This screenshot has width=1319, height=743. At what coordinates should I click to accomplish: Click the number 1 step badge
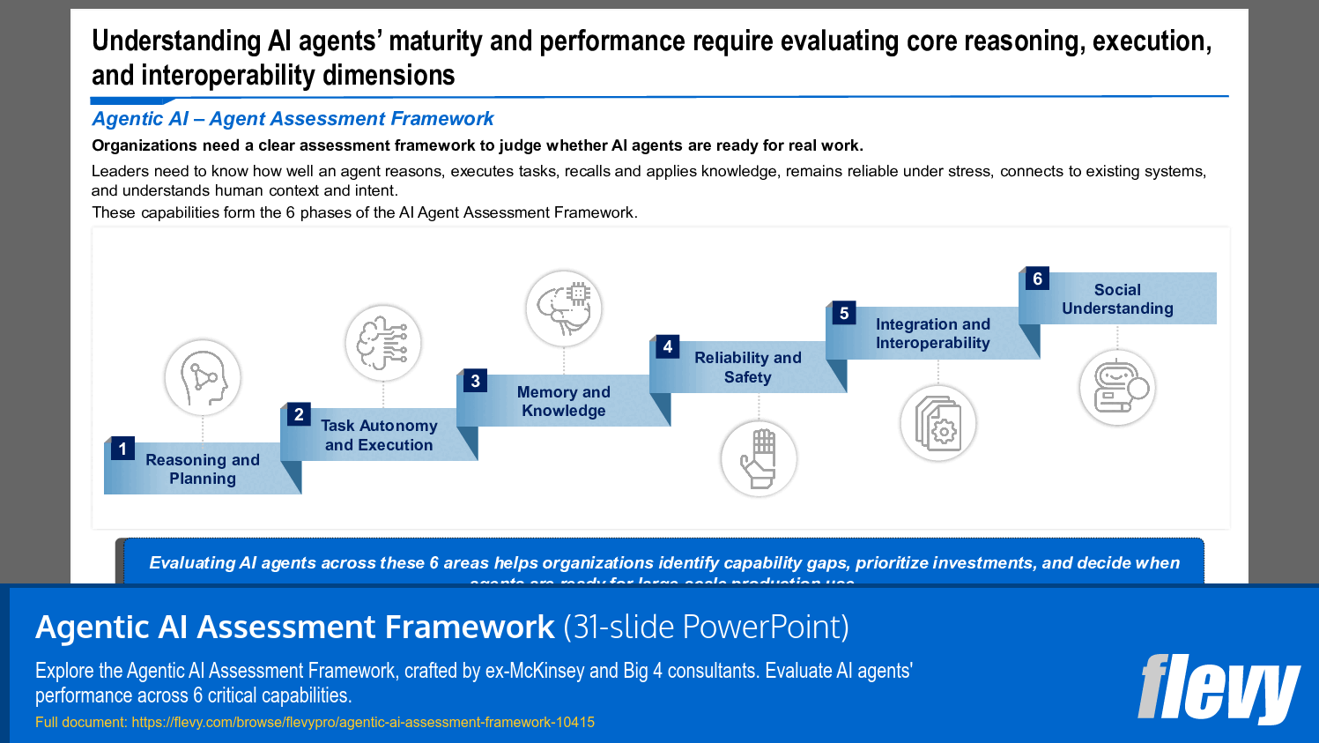[122, 449]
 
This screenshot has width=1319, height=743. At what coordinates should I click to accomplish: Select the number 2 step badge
[299, 414]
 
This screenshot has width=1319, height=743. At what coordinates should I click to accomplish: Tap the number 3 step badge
[475, 381]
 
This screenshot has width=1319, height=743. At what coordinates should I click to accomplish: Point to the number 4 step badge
[668, 346]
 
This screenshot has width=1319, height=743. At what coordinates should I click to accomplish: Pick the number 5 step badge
[844, 313]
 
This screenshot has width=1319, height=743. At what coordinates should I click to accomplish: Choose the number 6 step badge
[1037, 279]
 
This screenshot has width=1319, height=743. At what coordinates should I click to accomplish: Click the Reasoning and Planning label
[203, 469]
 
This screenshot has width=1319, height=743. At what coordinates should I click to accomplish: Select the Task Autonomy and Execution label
[379, 435]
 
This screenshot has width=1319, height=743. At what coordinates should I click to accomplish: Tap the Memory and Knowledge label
[563, 401]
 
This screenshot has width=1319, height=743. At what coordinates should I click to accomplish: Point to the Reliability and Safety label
[747, 368]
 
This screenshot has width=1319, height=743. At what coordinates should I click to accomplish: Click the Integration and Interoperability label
[932, 333]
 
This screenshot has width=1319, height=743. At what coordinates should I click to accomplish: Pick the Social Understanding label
[1117, 299]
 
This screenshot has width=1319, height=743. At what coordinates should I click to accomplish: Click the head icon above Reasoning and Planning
[203, 377]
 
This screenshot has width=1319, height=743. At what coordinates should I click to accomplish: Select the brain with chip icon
[564, 308]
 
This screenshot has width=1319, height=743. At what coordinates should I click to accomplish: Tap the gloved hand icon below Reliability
[759, 459]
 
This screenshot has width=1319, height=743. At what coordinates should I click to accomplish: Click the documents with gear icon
[938, 423]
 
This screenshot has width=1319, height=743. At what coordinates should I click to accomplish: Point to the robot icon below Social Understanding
[1117, 388]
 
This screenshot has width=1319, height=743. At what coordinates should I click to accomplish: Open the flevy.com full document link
[362, 722]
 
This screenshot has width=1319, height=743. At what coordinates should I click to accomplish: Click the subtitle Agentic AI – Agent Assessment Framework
[293, 119]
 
